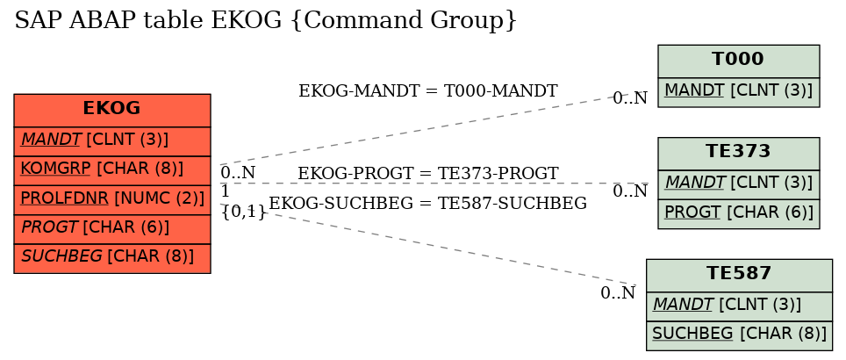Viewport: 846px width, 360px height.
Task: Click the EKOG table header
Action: point(112,110)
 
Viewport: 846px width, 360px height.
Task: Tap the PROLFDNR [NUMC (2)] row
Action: point(112,199)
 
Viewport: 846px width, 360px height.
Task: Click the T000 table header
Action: point(739,61)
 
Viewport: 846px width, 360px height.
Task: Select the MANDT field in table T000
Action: point(739,92)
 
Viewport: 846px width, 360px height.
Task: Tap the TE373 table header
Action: point(739,154)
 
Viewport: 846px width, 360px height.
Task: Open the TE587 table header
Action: point(739,275)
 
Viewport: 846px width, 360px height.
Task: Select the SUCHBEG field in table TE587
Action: point(739,335)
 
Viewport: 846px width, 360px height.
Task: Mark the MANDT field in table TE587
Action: point(739,307)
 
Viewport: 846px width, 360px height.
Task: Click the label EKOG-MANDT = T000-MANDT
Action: point(428,91)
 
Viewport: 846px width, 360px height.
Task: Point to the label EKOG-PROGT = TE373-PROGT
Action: point(428,174)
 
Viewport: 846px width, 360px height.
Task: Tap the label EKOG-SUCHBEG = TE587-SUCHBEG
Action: point(428,204)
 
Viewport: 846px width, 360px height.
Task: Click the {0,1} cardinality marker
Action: point(244,212)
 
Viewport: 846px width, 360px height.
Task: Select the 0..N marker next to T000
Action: point(630,98)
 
